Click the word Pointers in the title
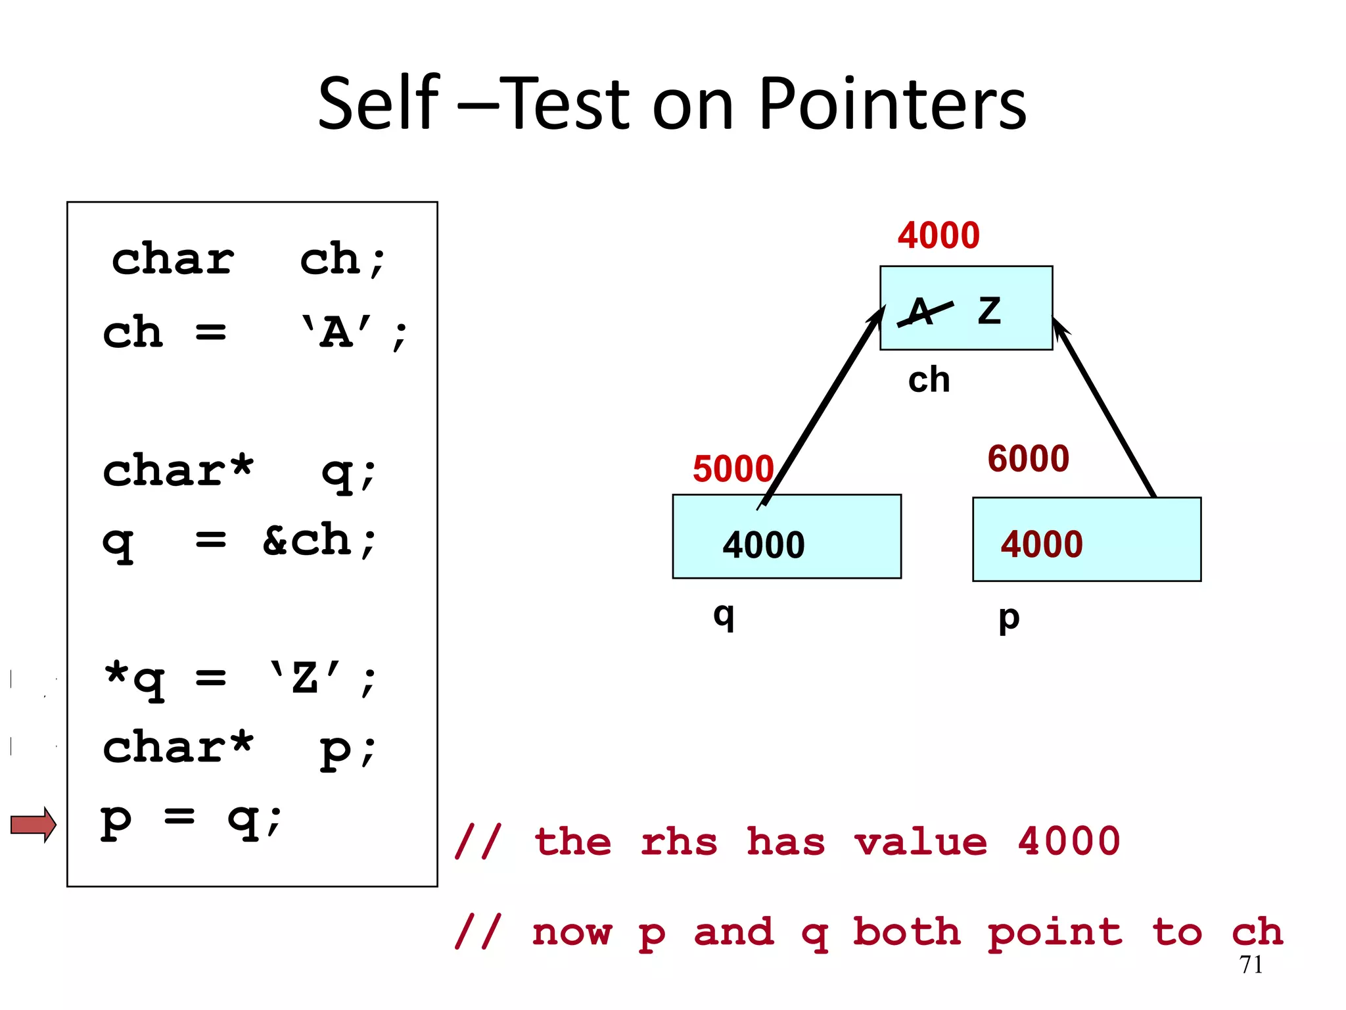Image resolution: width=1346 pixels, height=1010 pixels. (892, 104)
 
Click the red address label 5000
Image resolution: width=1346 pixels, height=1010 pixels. (733, 469)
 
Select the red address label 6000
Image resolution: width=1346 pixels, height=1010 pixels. (1028, 458)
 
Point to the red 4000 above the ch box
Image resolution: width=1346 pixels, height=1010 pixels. (939, 235)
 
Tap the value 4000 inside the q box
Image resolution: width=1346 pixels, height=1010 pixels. (764, 544)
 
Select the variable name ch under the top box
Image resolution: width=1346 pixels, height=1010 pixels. (929, 380)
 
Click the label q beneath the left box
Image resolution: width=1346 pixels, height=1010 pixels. (724, 615)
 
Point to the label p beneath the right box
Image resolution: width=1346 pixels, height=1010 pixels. (1009, 618)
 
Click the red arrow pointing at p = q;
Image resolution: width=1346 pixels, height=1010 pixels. (34, 824)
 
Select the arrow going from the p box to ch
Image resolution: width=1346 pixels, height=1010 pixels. (1104, 408)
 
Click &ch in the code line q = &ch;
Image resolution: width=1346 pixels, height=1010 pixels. (319, 541)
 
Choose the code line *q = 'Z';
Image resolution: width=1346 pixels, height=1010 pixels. (240, 679)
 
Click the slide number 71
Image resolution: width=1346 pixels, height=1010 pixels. (1251, 965)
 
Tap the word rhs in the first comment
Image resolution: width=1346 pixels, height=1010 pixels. (678, 842)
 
